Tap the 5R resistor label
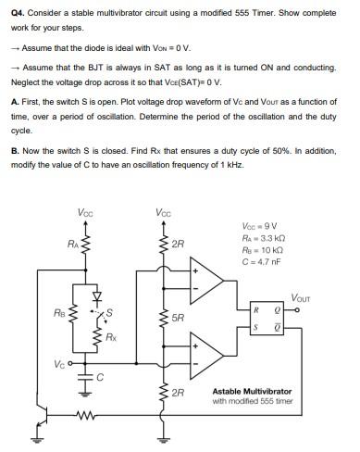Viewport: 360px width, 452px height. click(180, 317)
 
